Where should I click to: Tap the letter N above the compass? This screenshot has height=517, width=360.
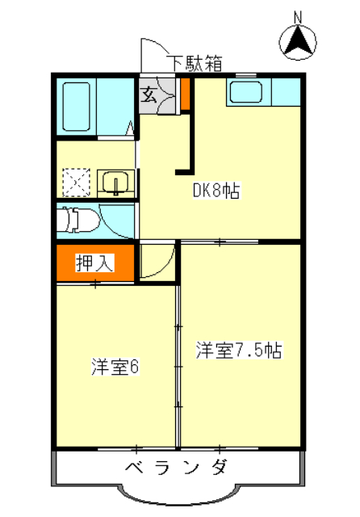[298, 15]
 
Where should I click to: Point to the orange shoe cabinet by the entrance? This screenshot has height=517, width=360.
[184, 95]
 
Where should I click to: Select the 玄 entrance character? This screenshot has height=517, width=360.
[150, 95]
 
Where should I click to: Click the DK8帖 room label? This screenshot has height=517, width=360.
[216, 191]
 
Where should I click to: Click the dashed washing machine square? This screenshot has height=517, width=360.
[77, 182]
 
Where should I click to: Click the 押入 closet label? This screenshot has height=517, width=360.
[94, 262]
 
